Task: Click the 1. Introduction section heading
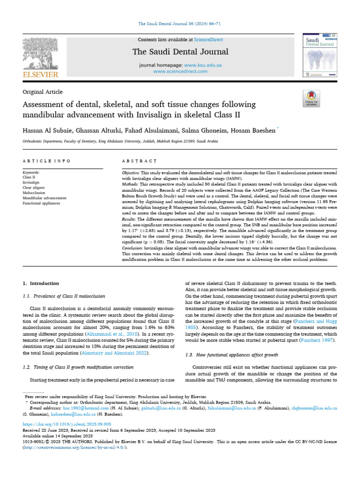[41, 284]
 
